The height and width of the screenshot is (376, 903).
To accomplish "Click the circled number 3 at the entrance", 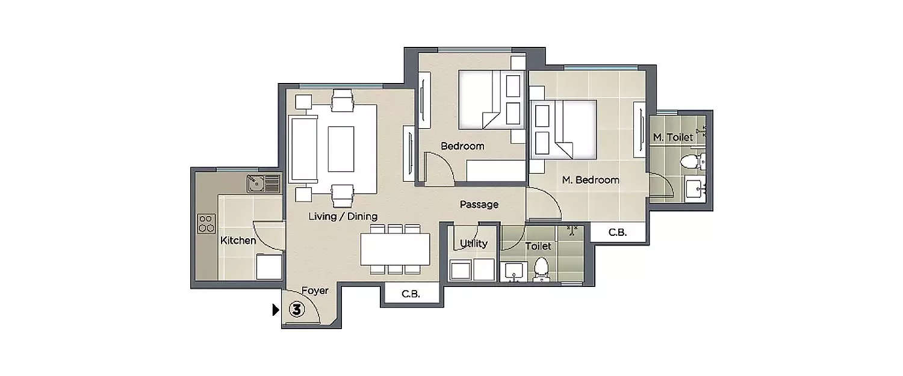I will point(296,310).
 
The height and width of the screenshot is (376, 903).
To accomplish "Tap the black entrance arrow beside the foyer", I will point(276,310).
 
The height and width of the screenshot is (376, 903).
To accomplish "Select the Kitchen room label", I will point(238,241).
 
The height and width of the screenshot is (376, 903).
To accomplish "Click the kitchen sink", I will point(263,183).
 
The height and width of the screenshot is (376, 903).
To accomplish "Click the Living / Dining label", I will point(343,216).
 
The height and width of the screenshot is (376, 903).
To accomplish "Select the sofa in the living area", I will point(303,149).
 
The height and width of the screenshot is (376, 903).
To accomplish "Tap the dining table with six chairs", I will point(395,248).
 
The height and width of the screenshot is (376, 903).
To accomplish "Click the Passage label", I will point(479,205).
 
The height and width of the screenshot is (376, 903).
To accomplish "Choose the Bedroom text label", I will point(462,146).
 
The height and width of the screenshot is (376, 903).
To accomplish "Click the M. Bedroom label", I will point(590,180).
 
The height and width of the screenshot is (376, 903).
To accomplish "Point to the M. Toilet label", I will point(673,138).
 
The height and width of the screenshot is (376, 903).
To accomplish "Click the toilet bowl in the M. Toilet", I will point(692,161).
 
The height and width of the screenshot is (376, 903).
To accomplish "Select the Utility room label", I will point(474,244).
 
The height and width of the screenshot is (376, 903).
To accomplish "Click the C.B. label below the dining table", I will point(411,295).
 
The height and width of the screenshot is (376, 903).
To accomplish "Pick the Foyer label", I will point(315,291).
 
